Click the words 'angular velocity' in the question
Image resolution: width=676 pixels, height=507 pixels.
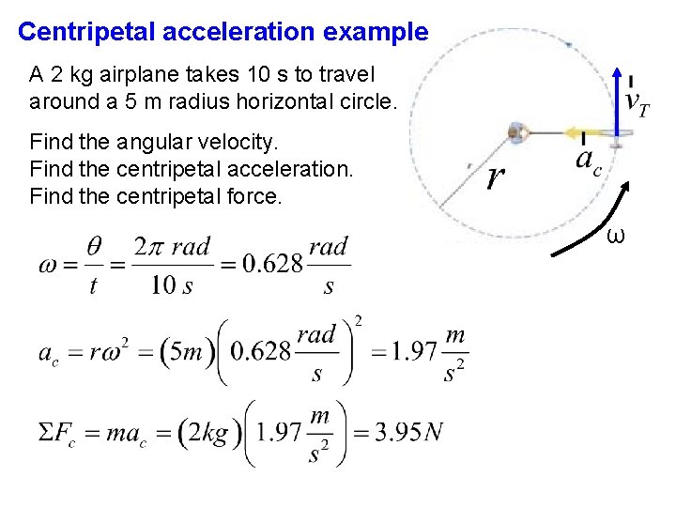coord(197,143)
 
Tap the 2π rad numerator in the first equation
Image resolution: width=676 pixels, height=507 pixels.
coord(172,247)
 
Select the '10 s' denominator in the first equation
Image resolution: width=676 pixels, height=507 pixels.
coord(172,285)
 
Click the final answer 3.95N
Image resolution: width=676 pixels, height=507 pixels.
coord(404,433)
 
